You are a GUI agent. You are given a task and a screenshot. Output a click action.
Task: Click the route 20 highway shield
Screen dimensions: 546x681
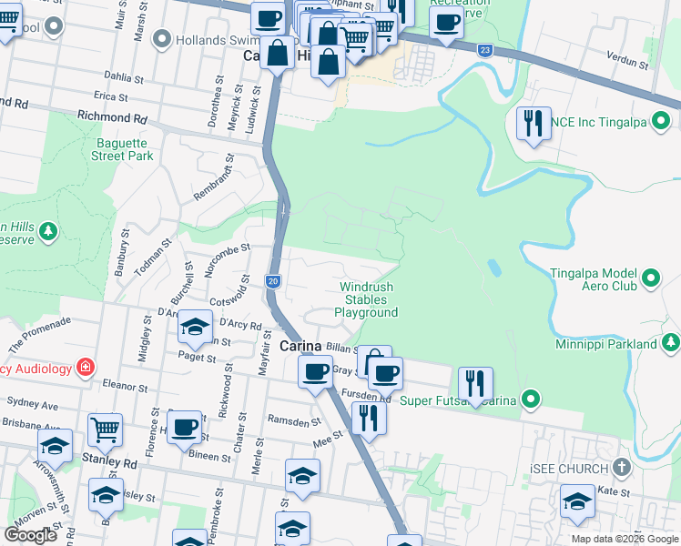(272, 282)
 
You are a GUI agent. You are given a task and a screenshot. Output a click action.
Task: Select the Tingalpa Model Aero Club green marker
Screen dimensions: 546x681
(651, 278)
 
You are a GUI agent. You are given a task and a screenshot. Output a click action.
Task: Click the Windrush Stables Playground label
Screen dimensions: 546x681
(367, 299)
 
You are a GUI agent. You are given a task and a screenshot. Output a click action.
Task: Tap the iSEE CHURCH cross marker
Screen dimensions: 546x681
(622, 468)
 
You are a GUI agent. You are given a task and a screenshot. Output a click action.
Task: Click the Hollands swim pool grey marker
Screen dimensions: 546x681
(163, 38)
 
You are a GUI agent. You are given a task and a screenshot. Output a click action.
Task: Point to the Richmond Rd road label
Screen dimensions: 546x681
(112, 117)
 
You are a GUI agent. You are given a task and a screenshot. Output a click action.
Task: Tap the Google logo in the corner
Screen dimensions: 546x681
(30, 535)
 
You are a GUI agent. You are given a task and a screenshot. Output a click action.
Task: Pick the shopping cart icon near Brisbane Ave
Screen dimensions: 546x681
(106, 428)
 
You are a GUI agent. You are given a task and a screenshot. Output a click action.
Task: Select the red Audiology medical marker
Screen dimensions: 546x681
(85, 368)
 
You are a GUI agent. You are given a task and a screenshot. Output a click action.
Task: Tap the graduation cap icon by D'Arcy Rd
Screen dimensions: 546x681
(195, 327)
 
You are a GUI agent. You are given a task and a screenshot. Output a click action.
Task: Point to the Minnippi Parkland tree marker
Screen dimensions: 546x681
(670, 344)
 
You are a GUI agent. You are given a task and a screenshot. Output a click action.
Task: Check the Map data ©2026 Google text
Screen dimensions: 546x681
(625, 539)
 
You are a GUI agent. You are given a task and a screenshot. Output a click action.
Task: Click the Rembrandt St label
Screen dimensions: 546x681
(211, 177)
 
